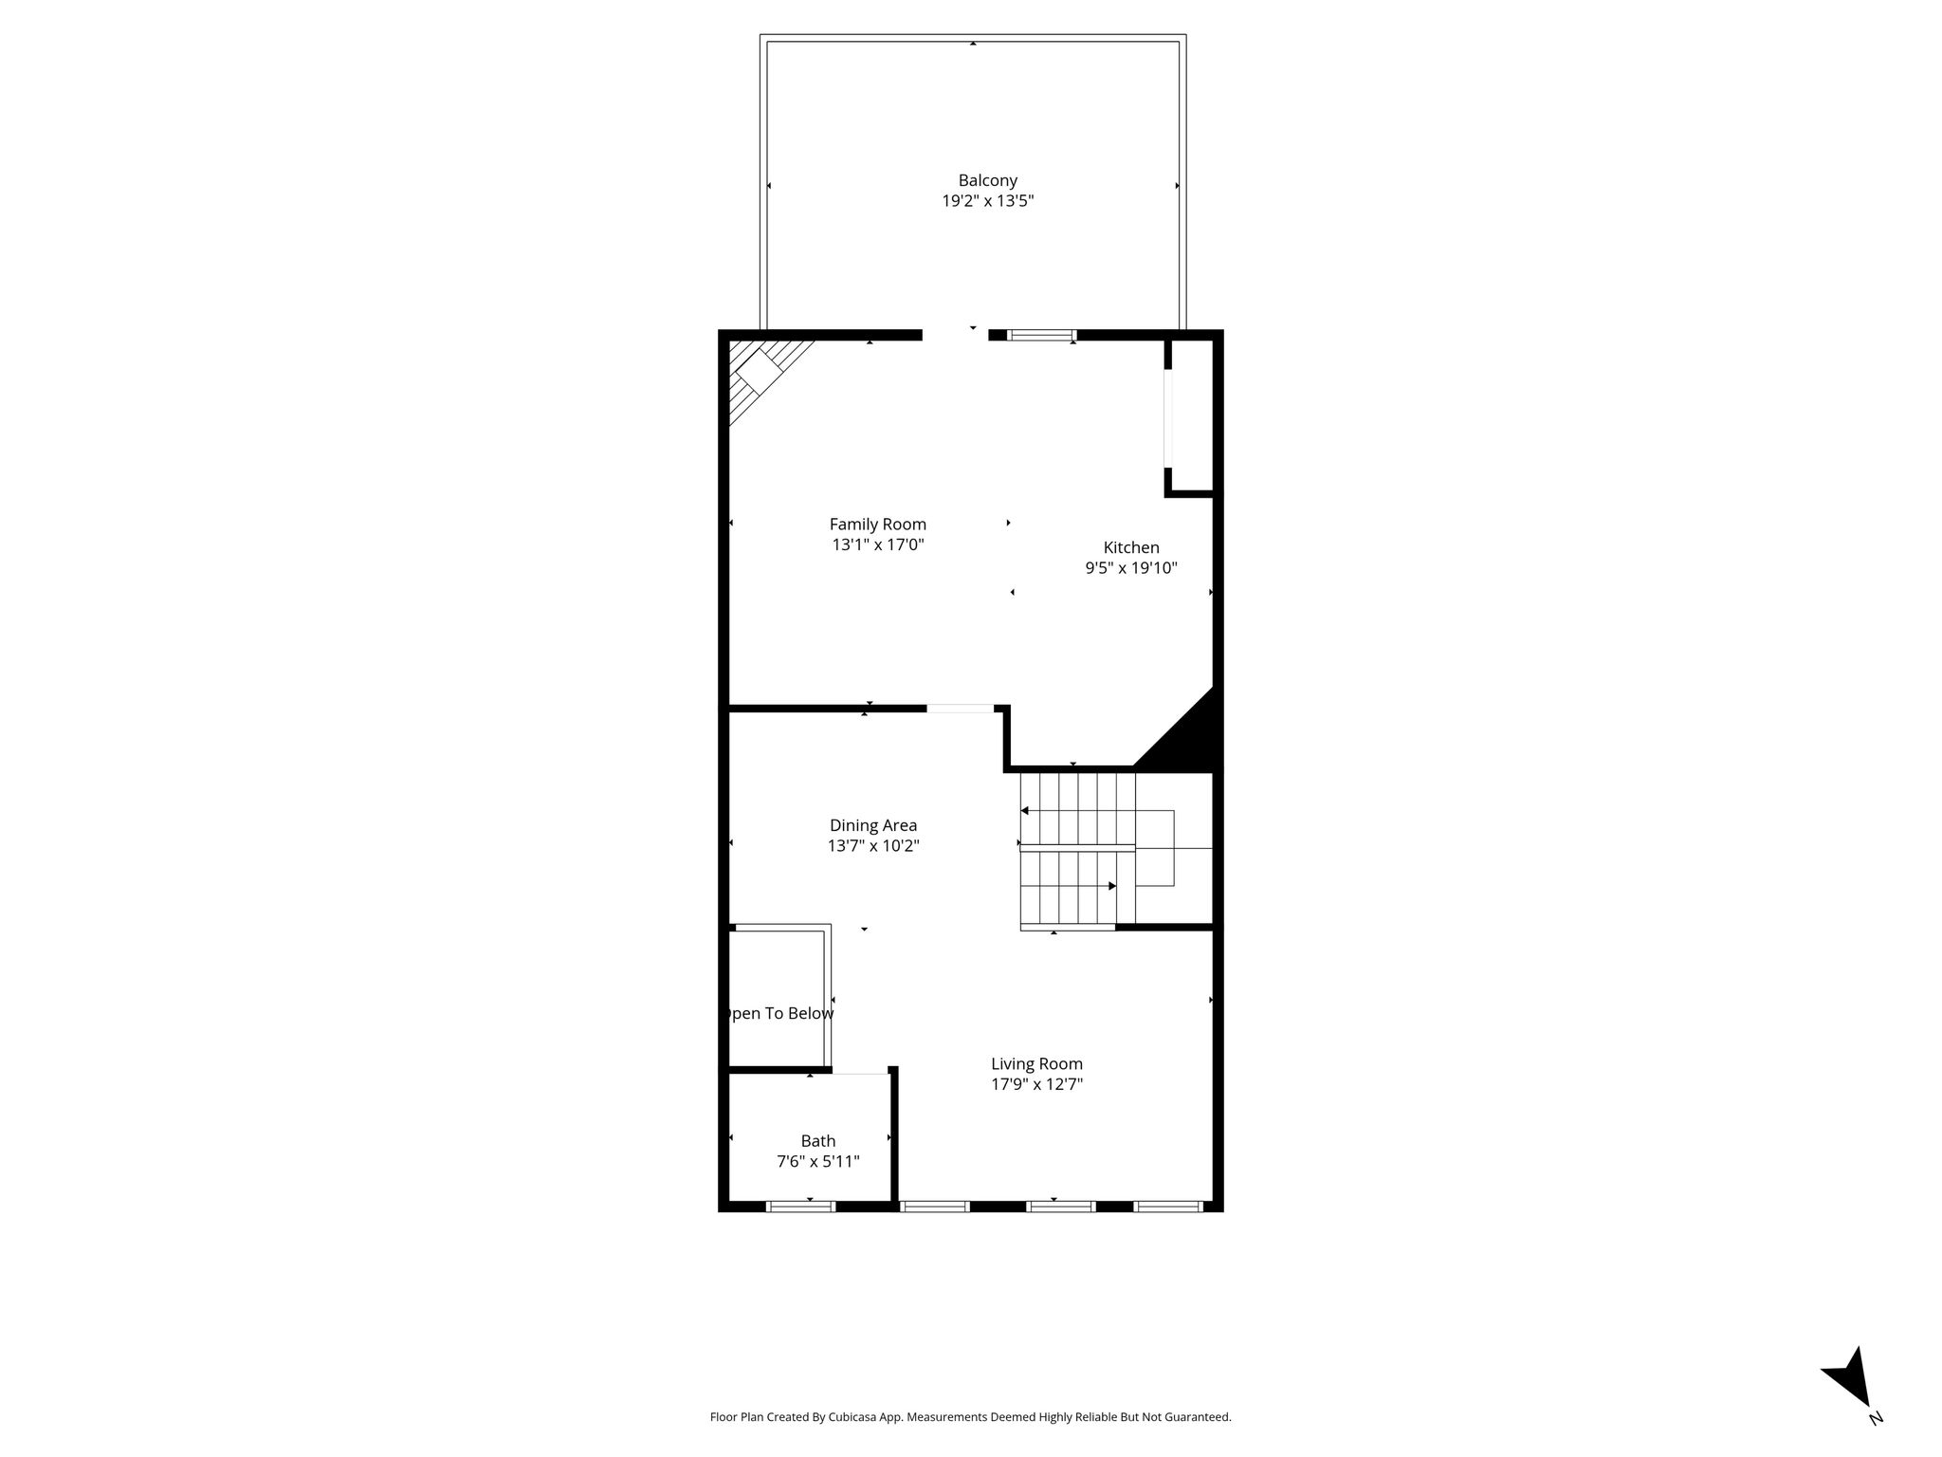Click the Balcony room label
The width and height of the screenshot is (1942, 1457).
tap(987, 180)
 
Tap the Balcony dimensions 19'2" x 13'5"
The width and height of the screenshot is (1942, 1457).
tap(987, 201)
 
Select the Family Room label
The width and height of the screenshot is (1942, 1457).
tap(877, 525)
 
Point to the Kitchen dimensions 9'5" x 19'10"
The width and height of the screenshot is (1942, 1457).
tap(1131, 568)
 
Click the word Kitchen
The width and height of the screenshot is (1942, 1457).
tap(1131, 547)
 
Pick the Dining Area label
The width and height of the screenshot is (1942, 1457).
tap(873, 825)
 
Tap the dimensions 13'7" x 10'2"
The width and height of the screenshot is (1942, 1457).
tap(873, 846)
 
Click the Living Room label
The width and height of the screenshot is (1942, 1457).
tap(1036, 1064)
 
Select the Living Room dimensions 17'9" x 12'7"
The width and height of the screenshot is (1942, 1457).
tap(1036, 1085)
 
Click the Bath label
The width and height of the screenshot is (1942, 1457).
tap(817, 1141)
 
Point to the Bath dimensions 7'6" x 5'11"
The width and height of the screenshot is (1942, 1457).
tap(817, 1162)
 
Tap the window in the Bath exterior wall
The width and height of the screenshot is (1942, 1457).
tap(800, 1207)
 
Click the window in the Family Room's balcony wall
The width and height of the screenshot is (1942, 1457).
tap(1042, 335)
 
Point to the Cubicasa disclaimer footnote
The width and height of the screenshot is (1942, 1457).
tap(970, 1417)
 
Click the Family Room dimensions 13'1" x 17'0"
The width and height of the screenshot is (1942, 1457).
tap(877, 545)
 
